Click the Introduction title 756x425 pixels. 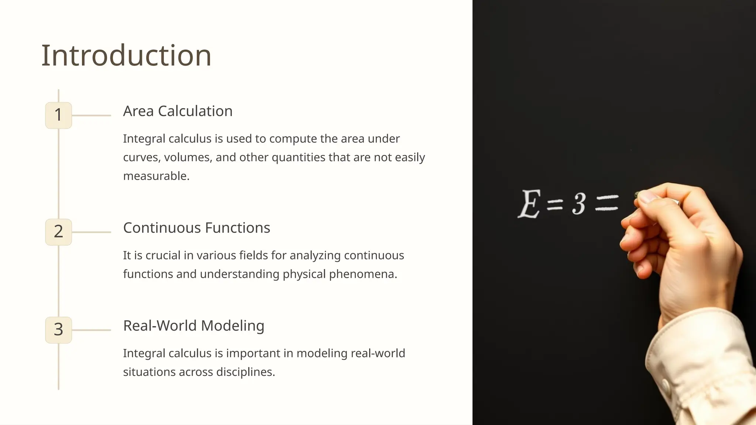point(126,55)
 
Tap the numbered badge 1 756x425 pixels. point(58,115)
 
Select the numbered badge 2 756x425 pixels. point(58,232)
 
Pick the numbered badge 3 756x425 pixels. point(58,329)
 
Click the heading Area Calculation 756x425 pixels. point(178,111)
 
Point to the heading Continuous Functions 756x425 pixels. point(196,228)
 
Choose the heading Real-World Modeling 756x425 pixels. point(193,326)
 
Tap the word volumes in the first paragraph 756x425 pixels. point(188,158)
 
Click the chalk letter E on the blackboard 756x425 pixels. point(529,204)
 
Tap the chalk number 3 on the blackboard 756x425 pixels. point(579,204)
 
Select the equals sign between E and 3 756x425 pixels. point(555,204)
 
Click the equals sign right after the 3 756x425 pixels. point(607,203)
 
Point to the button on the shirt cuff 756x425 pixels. point(666,386)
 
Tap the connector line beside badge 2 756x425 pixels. point(91,232)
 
